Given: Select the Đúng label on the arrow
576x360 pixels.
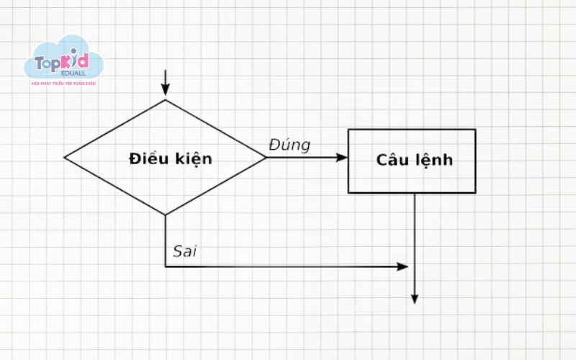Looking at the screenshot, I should coord(289,145).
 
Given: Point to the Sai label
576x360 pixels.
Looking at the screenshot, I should coord(184,252).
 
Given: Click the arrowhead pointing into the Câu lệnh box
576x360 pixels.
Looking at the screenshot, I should coord(342,157).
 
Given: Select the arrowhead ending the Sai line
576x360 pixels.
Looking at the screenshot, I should coord(402,266).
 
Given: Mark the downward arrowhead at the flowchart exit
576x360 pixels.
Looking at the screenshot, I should coord(415,298).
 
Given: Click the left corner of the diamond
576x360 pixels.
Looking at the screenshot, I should coord(65,157).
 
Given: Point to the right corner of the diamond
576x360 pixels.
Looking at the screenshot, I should coord(266,157).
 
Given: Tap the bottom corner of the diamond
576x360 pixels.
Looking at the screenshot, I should coord(166,215).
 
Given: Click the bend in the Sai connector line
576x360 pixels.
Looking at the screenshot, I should coord(166,266).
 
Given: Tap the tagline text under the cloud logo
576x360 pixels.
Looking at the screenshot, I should coord(64,84).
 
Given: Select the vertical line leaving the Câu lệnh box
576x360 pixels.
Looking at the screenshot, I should coord(415,230).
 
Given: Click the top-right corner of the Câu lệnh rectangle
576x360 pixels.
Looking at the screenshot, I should coord(475,130).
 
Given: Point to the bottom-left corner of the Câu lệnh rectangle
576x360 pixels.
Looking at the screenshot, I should coord(348,192).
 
